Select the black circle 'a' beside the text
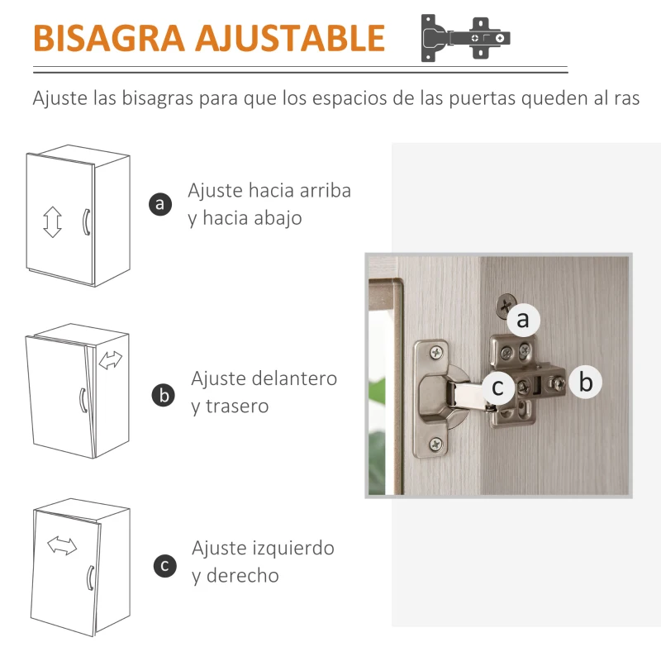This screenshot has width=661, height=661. pyautogui.click(x=161, y=203)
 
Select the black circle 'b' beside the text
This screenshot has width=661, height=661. pyautogui.click(x=164, y=395)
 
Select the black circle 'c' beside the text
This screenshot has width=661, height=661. pyautogui.click(x=165, y=565)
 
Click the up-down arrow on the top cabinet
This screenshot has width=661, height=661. pyautogui.click(x=53, y=222)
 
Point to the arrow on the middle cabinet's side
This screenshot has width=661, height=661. pyautogui.click(x=110, y=360)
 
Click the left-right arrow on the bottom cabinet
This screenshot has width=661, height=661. pyautogui.click(x=61, y=544)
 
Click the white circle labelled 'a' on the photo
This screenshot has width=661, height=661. pyautogui.click(x=523, y=320)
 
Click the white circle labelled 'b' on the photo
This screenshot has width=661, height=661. pyautogui.click(x=586, y=382)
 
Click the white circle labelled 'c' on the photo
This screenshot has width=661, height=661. pyautogui.click(x=497, y=387)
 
